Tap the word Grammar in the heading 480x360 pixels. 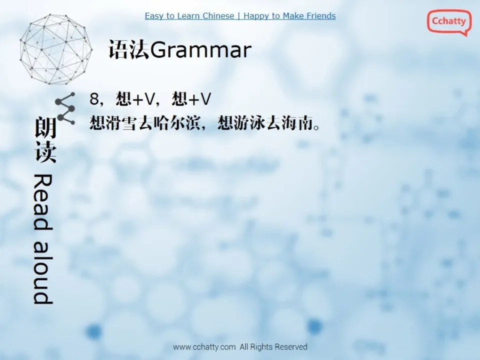click(x=200, y=50)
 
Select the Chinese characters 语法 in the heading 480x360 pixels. click(x=128, y=50)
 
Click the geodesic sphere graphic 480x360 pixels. click(x=56, y=49)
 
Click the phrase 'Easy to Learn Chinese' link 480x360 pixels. click(x=189, y=16)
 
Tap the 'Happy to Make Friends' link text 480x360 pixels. click(x=289, y=16)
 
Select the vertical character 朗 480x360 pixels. click(x=45, y=128)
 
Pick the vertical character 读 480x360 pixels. click(x=45, y=152)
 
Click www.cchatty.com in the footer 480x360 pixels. click(x=204, y=347)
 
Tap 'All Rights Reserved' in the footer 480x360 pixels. click(x=273, y=347)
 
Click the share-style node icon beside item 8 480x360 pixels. click(x=65, y=107)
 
